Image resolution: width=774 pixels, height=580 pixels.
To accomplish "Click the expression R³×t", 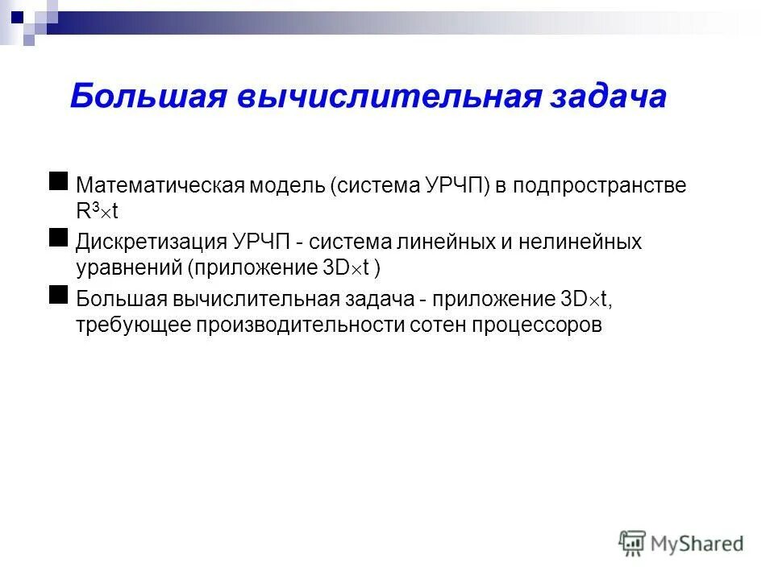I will tap(97, 210).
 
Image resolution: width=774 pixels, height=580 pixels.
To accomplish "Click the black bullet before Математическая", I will tap(58, 181).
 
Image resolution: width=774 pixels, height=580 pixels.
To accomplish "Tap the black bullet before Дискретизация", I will tap(58, 238).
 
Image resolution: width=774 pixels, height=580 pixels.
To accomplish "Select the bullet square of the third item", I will tap(58, 295).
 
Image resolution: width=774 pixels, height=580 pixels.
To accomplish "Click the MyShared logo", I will tap(681, 544).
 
